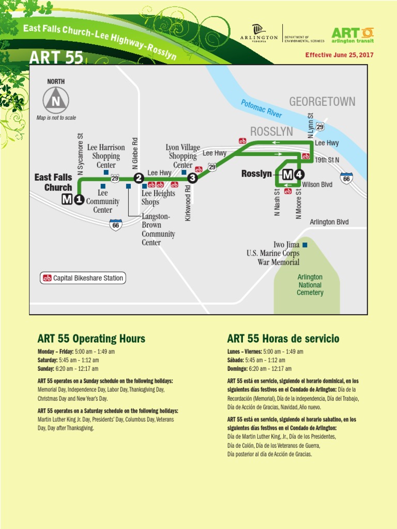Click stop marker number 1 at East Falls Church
tap(79, 200)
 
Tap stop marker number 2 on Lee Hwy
tap(139, 178)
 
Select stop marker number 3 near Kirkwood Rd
tap(192, 178)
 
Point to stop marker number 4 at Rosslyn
tap(300, 174)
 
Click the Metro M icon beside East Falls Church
tap(67, 200)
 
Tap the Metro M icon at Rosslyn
tap(288, 174)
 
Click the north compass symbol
tap(55, 100)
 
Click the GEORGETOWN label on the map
tap(322, 101)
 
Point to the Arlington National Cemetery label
tap(310, 285)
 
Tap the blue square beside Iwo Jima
tap(305, 245)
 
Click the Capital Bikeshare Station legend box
tap(83, 278)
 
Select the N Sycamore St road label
tap(81, 154)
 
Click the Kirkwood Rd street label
tap(188, 203)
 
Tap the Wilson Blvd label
tap(317, 184)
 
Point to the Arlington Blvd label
tap(329, 222)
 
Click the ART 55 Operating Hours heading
tap(91, 339)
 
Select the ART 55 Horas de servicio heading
tap(283, 339)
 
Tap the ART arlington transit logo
tap(352, 35)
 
